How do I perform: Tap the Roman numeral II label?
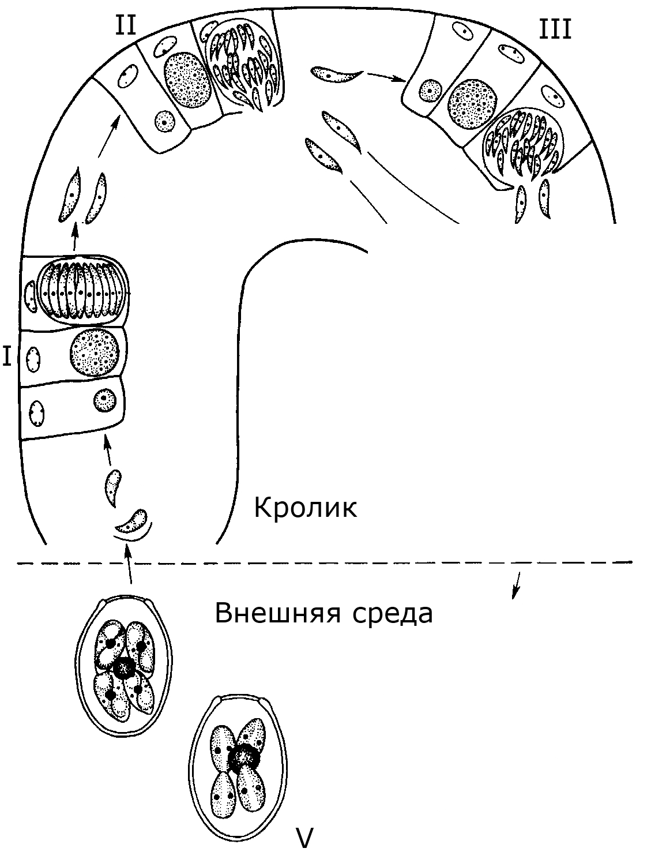(126, 25)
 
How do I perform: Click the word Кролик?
(306, 508)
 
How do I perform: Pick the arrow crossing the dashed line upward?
(129, 571)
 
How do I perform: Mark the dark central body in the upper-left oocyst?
(125, 668)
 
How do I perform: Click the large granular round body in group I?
(95, 352)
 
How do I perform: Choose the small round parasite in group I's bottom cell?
(105, 400)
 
